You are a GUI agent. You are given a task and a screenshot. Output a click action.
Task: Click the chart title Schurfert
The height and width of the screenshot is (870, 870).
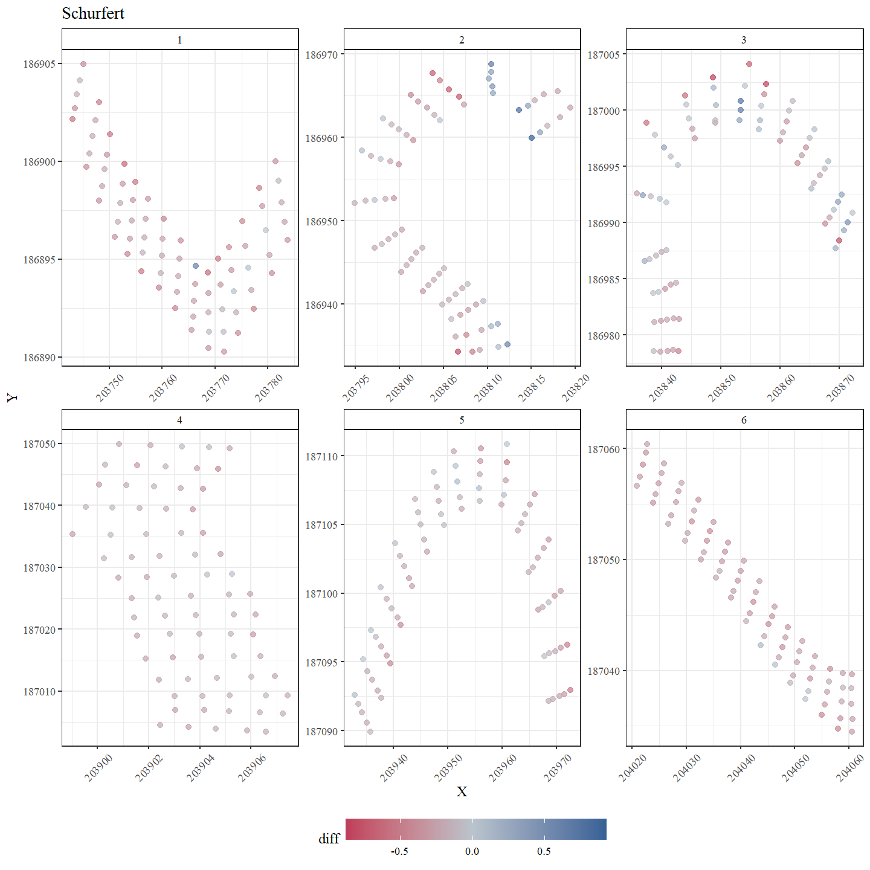click(93, 13)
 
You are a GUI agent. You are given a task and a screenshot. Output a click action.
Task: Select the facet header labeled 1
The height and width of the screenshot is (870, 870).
click(179, 40)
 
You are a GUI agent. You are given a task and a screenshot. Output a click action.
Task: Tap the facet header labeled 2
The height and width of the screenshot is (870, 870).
click(462, 40)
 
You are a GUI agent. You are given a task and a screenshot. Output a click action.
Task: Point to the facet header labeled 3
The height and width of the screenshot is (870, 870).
click(744, 40)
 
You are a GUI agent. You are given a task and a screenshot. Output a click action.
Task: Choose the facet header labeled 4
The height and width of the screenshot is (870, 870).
click(179, 420)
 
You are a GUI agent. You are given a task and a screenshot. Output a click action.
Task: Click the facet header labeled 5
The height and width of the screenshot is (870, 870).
click(462, 420)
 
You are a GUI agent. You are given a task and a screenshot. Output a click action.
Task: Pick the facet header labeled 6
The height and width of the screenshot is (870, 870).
click(744, 420)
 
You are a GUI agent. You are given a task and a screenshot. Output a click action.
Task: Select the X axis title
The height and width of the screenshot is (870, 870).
click(462, 791)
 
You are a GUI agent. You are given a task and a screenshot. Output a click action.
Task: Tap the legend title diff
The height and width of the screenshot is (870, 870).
click(329, 839)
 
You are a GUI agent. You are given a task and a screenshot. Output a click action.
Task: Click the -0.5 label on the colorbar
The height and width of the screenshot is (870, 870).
click(399, 851)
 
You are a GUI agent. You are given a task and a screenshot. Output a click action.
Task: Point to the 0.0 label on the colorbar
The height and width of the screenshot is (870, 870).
click(472, 851)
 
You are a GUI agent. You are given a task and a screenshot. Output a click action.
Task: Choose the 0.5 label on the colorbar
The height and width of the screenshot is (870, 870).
click(544, 851)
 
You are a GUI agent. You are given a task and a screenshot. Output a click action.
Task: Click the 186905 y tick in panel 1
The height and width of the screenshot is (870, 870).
click(39, 64)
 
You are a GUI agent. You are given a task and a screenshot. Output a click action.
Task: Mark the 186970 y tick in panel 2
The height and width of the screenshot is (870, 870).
click(321, 54)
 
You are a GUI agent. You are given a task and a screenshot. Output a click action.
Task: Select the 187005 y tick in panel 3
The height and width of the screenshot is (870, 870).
click(604, 54)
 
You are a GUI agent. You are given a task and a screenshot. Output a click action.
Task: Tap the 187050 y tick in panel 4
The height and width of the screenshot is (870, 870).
click(39, 444)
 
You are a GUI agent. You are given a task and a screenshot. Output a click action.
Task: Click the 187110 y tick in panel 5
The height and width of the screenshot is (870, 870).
click(321, 456)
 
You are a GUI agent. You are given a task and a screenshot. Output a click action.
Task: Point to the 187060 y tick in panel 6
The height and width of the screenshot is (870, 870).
click(604, 449)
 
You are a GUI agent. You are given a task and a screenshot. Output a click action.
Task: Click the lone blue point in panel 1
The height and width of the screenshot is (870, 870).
click(196, 266)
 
